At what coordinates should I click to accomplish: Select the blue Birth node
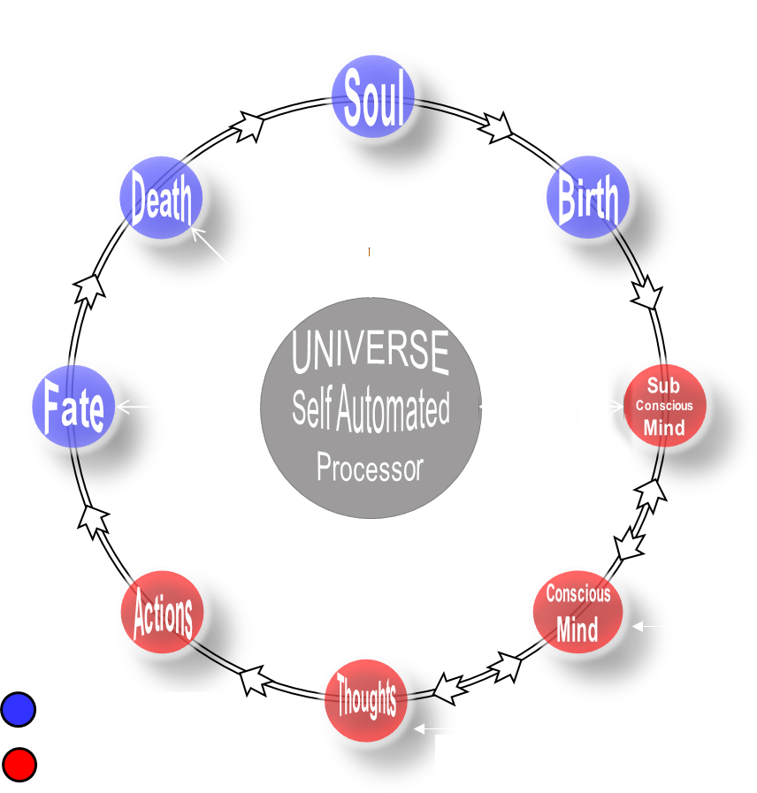click(588, 200)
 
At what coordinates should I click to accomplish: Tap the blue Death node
click(161, 200)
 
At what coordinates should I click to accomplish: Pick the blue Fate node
click(74, 408)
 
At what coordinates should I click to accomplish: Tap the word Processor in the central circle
click(370, 468)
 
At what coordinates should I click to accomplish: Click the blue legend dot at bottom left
click(19, 709)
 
